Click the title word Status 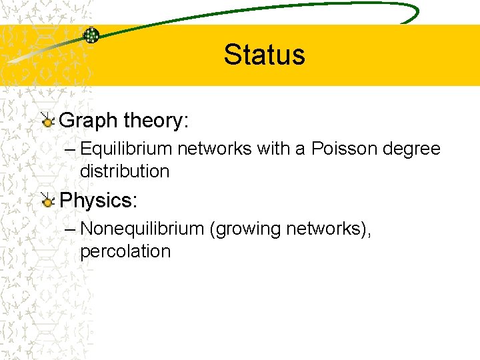pyautogui.click(x=264, y=55)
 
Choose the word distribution pyautogui.click(x=125, y=171)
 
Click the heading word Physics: pyautogui.click(x=99, y=200)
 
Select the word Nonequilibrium pyautogui.click(x=141, y=229)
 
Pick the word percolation pyautogui.click(x=125, y=251)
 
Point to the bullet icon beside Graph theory pyautogui.click(x=47, y=121)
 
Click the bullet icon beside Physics pyautogui.click(x=47, y=200)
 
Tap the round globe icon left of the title pyautogui.click(x=91, y=35)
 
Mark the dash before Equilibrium pyautogui.click(x=71, y=149)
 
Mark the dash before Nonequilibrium pyautogui.click(x=71, y=229)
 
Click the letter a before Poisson pyautogui.click(x=300, y=149)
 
